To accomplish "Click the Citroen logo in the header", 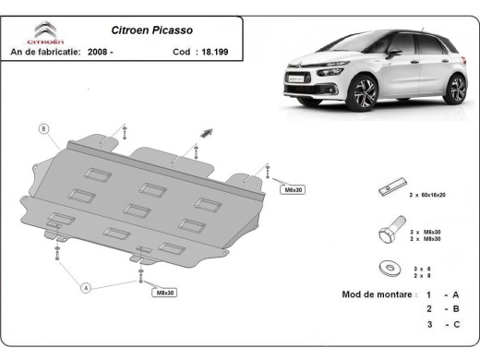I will click(45, 32).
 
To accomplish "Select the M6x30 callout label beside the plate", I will click(292, 189).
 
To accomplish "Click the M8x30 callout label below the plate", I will click(164, 293).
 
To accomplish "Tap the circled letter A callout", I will click(86, 288).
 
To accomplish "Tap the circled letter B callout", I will click(42, 128).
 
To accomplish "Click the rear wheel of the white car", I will click(455, 89).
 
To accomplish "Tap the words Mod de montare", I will click(374, 294).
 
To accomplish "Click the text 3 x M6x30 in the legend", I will click(425, 231).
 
